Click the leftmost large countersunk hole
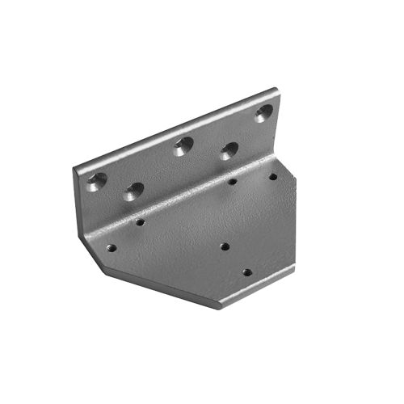click(96, 181)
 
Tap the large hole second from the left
click(134, 191)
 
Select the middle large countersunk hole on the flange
click(183, 146)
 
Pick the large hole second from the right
click(229, 150)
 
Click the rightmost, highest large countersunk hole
click(264, 113)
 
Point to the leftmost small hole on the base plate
click(112, 248)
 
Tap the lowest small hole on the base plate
click(247, 272)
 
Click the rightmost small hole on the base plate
click(272, 176)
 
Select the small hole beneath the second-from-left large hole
click(140, 221)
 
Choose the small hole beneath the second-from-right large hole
click(232, 182)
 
